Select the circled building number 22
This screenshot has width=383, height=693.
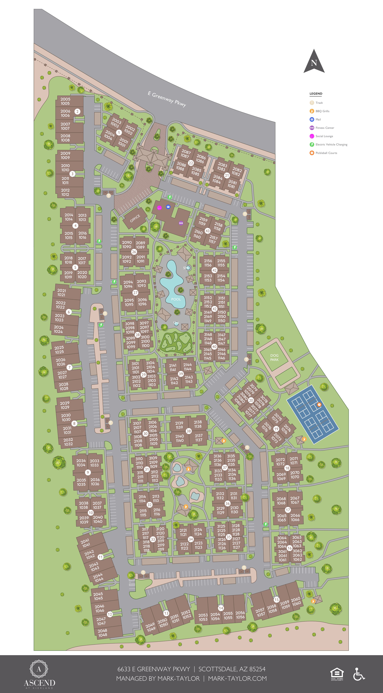(x=191, y=163)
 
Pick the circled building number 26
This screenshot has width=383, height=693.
(x=134, y=252)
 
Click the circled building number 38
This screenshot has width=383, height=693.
(x=189, y=431)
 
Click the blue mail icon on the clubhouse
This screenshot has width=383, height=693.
(x=168, y=207)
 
